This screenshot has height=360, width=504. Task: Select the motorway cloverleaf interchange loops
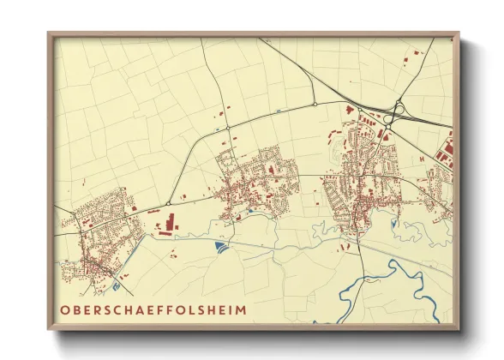tap(397, 112)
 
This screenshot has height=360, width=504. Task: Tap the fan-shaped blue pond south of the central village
tap(224, 247)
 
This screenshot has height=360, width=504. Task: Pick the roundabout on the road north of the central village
tap(315, 104)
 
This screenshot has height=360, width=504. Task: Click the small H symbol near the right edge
tap(422, 157)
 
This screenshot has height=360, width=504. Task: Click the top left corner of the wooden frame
tap(50, 34)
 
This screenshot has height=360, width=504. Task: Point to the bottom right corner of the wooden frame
tap(458, 328)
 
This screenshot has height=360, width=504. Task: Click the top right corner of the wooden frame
tap(458, 34)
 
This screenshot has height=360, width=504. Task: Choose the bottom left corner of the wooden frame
tap(50, 328)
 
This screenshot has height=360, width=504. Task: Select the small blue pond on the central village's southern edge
tap(249, 211)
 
